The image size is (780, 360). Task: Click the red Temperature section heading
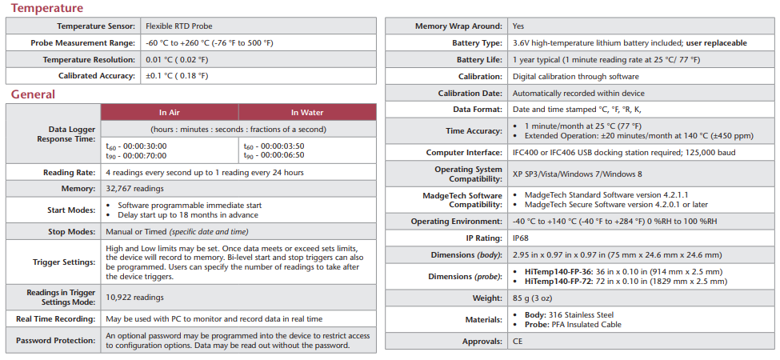(47, 9)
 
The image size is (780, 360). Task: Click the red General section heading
(33, 94)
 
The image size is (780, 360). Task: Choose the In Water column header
(307, 112)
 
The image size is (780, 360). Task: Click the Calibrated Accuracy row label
(92, 75)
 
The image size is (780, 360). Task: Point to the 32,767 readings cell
(134, 189)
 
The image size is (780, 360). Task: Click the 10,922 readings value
(134, 298)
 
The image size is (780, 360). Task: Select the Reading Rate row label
(69, 172)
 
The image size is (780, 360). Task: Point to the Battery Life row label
(479, 59)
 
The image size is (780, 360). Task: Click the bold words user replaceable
(716, 42)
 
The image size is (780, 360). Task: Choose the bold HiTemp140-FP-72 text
(559, 281)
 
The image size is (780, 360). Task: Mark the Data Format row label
(477, 110)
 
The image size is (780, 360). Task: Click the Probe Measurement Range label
(82, 42)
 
